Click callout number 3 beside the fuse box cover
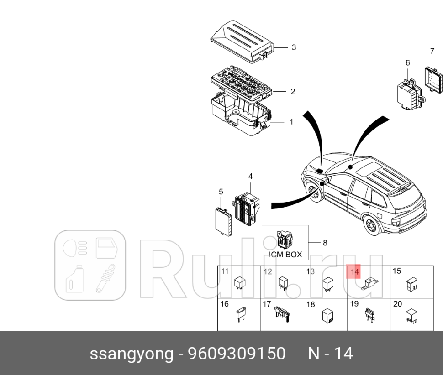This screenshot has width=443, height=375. (294, 47)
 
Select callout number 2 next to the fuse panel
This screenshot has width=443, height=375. (293, 92)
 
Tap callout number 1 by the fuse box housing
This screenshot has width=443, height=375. (291, 109)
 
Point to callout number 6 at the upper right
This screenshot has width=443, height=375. (407, 62)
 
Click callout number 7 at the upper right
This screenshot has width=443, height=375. (432, 51)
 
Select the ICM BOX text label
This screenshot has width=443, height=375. (285, 255)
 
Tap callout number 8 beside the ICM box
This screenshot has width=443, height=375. (325, 243)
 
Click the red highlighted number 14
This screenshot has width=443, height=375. (354, 272)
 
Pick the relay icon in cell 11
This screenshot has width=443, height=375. (239, 283)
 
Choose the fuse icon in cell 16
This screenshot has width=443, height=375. (241, 315)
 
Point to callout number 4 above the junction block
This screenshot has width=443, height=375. (250, 176)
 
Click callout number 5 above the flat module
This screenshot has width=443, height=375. (221, 192)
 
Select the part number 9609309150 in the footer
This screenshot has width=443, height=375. (237, 354)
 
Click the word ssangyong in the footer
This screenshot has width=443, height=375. (131, 354)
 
